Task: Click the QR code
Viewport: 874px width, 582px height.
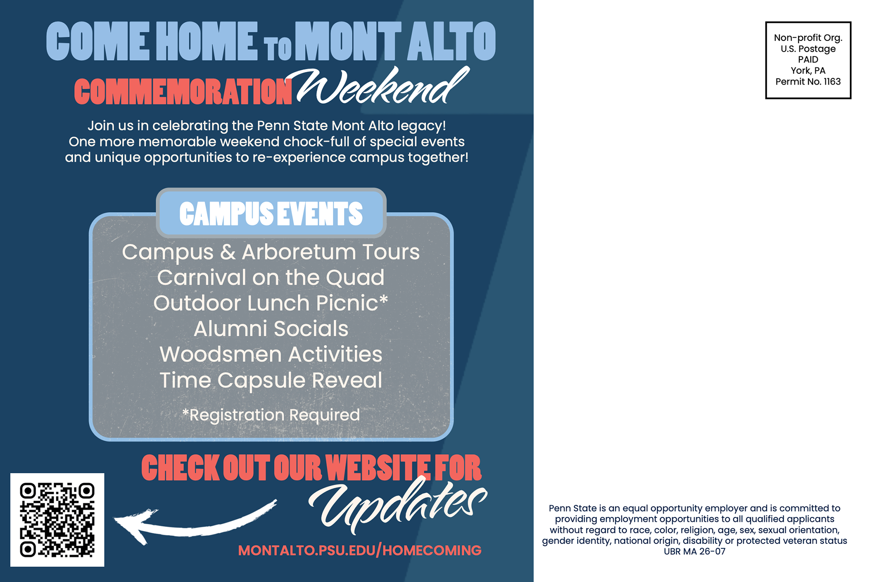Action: click(57, 520)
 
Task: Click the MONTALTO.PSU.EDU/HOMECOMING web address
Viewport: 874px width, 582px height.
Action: click(360, 550)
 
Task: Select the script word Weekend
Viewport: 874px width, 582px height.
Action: click(382, 86)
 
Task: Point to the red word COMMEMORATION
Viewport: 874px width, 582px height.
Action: click(183, 91)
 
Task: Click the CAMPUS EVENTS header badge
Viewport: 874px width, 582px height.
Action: click(271, 213)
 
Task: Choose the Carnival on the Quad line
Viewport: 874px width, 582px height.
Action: click(271, 278)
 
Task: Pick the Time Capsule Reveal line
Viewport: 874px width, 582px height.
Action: click(271, 380)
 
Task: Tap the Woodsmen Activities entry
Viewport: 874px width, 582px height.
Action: click(271, 354)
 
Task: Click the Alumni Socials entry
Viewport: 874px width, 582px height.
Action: click(271, 329)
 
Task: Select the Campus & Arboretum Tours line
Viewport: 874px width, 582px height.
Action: click(271, 252)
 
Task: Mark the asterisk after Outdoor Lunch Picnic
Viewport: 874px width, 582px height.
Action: click(384, 299)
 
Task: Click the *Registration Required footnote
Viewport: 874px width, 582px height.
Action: click(271, 415)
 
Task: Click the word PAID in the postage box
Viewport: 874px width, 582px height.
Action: click(808, 60)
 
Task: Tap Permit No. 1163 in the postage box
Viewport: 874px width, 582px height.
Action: click(808, 81)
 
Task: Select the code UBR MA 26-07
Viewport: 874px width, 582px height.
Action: click(695, 552)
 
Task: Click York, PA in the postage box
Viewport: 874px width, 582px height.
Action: click(808, 71)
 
